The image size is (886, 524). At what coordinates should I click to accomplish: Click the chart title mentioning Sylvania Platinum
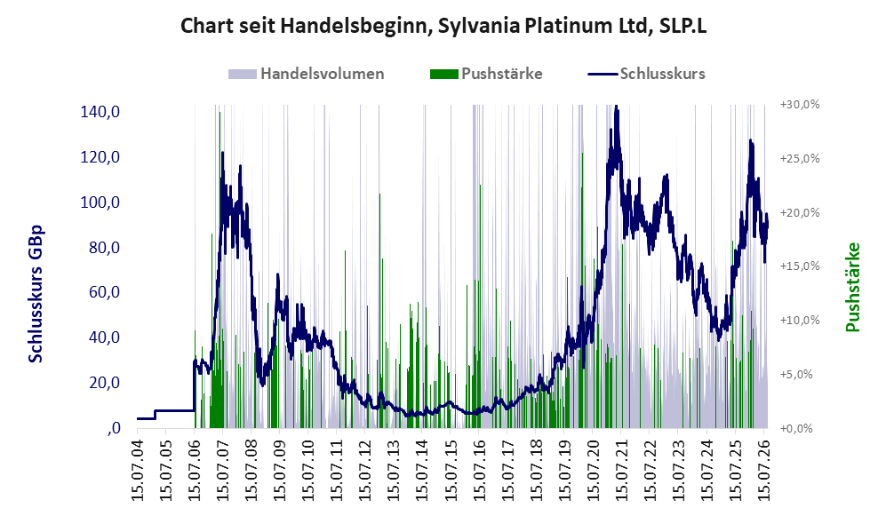[443, 26]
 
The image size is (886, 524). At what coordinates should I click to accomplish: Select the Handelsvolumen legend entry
[307, 74]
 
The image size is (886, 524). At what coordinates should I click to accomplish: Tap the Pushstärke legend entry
[486, 74]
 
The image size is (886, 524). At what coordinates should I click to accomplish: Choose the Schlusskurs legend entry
[646, 74]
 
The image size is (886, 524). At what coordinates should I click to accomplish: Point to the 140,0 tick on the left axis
[100, 112]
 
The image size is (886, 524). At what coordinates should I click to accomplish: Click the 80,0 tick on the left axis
[105, 247]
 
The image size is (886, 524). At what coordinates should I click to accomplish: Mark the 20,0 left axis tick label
[105, 383]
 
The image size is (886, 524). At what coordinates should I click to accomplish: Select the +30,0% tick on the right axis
[800, 105]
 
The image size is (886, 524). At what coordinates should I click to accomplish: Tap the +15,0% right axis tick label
[800, 266]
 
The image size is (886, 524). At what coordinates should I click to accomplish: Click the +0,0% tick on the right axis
[796, 429]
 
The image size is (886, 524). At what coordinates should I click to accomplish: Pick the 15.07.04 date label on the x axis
[138, 467]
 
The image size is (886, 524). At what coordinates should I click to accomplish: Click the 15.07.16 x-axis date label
[479, 467]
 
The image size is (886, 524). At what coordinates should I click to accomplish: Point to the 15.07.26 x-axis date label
[763, 467]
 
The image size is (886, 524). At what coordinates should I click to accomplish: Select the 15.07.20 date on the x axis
[593, 467]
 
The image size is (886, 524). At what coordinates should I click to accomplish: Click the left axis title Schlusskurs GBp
[36, 294]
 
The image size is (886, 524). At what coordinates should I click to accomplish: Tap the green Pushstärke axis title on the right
[852, 287]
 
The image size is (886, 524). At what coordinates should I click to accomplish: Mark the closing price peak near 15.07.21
[616, 107]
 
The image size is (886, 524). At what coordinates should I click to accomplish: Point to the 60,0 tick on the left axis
[105, 292]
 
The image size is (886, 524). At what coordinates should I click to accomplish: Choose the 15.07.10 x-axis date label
[308, 467]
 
